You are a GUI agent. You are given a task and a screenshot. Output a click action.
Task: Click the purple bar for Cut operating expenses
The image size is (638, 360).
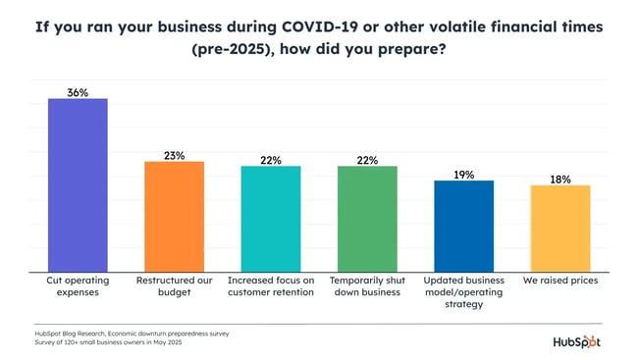(78, 185)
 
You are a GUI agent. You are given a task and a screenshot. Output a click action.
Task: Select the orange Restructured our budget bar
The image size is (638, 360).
(175, 217)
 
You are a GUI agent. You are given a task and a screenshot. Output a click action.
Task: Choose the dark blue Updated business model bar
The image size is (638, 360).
(464, 227)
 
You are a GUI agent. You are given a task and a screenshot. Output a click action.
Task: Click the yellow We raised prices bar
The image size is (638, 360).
(560, 229)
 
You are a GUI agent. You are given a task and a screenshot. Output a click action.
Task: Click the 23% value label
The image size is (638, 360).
(175, 154)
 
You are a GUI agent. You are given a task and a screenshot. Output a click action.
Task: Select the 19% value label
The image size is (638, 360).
(464, 174)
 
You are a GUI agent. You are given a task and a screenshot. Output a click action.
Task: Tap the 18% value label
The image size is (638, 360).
(560, 179)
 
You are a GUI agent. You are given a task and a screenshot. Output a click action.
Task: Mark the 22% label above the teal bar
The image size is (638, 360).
(271, 159)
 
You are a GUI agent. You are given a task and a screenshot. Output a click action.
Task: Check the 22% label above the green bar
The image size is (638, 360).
(367, 159)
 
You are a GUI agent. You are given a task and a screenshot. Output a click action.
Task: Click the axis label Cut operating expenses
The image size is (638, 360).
(78, 286)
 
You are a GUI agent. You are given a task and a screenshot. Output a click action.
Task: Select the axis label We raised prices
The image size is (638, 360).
(560, 281)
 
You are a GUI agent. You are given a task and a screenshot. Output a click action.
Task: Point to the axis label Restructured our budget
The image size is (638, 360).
(175, 286)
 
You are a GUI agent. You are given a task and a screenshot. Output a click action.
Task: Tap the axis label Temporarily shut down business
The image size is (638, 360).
(367, 286)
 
